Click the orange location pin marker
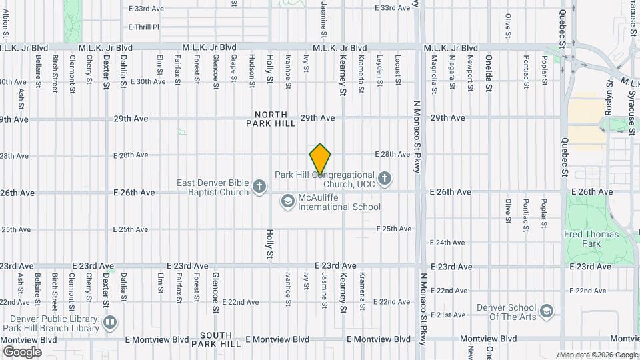coord(320,159)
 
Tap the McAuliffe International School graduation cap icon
coord(287,201)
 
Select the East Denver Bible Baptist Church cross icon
coord(260,188)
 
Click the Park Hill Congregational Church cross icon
coord(384,179)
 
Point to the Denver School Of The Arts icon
coord(547,311)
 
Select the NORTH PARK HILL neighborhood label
coord(270,119)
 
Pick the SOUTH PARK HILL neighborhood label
coord(216,339)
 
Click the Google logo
coord(22,351)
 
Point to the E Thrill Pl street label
coord(143,27)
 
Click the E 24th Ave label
coord(447,243)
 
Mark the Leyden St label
coord(379,68)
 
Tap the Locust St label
coord(397,68)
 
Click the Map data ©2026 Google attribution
coord(598,355)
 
